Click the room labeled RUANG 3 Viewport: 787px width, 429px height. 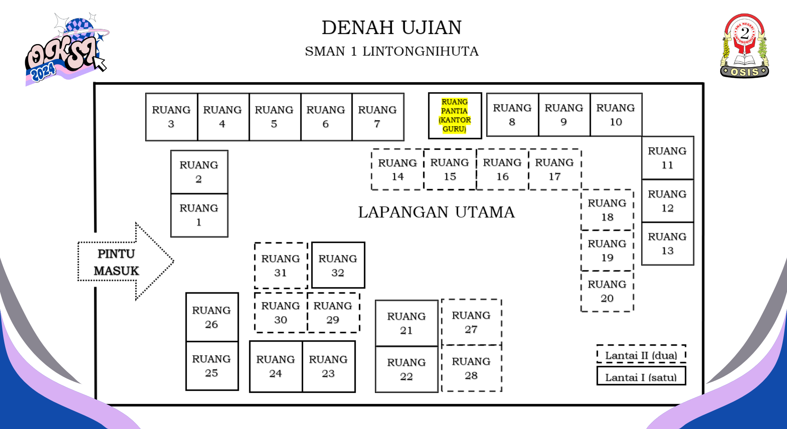(x=171, y=117)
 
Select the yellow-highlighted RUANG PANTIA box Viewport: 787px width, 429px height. (x=455, y=116)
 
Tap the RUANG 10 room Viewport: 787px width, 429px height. (x=616, y=115)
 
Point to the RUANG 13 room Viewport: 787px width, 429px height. (x=667, y=243)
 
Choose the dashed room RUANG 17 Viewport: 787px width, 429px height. (x=554, y=169)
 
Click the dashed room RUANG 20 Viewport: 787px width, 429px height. (x=607, y=291)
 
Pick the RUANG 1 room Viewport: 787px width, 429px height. (x=199, y=215)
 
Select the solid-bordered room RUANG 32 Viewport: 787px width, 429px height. (x=338, y=265)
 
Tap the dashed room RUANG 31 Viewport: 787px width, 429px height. (x=281, y=265)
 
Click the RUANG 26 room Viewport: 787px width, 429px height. (x=211, y=317)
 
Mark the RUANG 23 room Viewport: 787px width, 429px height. (x=328, y=366)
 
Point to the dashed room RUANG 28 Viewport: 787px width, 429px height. (x=471, y=368)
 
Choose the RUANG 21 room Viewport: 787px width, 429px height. (x=406, y=323)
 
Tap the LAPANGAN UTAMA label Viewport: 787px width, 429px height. (x=436, y=212)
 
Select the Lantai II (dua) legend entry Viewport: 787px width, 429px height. (x=641, y=355)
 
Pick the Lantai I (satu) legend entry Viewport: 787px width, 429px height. (x=641, y=377)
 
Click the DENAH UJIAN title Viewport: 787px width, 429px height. (x=392, y=28)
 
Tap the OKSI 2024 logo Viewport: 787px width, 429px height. (x=66, y=50)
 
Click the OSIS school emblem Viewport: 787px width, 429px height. (x=744, y=46)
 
